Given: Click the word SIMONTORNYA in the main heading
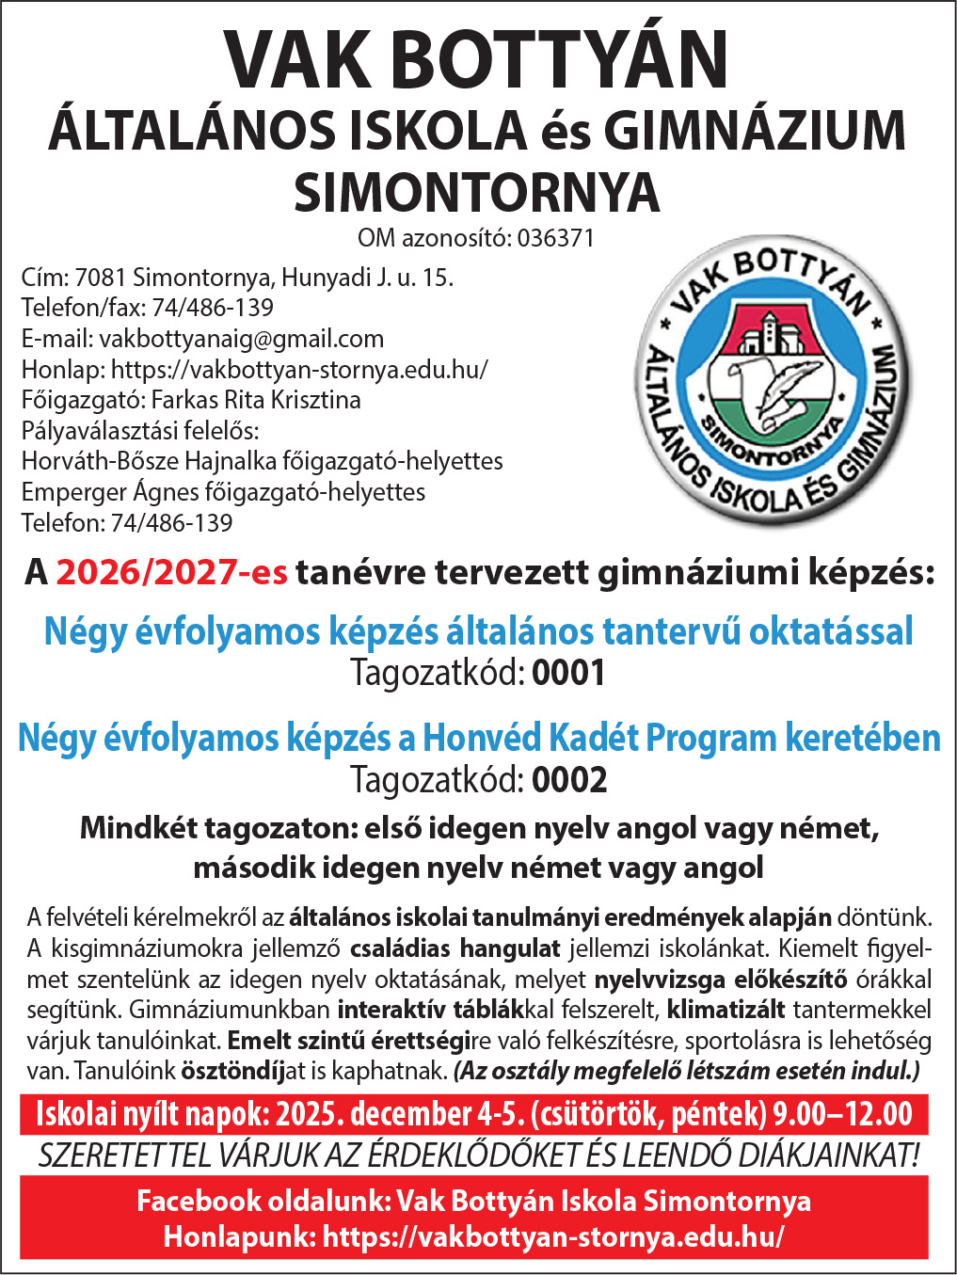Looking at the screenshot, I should point(477,192).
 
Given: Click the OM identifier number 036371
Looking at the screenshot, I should point(556,238).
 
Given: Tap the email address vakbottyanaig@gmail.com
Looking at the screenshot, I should point(242,339).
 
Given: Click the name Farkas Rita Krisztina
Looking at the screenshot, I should point(256,400).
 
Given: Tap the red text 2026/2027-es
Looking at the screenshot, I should point(171,572).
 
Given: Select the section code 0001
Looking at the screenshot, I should point(569,674).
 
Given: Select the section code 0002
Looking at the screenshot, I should point(569,780).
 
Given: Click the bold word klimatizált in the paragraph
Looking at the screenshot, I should point(726,1011).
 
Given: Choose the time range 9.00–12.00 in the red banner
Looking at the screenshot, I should point(842,1114).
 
